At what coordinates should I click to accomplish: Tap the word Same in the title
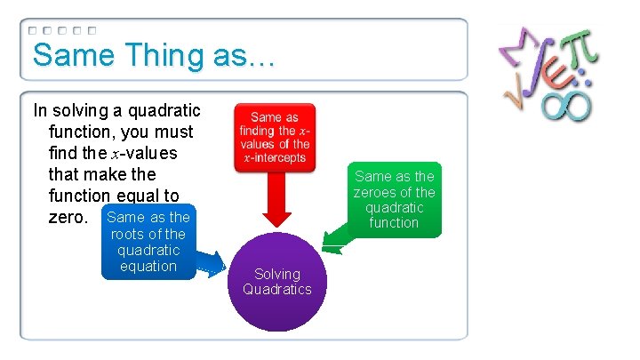pyautogui.click(x=70, y=55)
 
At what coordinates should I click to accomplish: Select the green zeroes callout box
pyautogui.click(x=394, y=199)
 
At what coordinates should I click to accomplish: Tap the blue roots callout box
pyautogui.click(x=147, y=242)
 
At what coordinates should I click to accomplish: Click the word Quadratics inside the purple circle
pyautogui.click(x=276, y=289)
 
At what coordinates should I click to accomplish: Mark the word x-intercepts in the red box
pyautogui.click(x=275, y=158)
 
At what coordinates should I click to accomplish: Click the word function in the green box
pyautogui.click(x=394, y=222)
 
